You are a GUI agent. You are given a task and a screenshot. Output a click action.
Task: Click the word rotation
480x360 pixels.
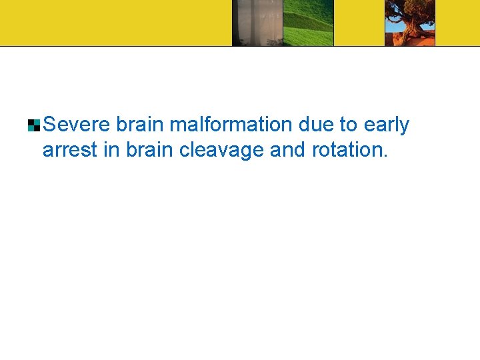[x=347, y=150]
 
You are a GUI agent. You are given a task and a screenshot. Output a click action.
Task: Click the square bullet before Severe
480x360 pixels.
[x=34, y=125]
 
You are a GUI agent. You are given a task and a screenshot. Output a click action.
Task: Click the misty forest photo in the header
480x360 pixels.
[x=257, y=23]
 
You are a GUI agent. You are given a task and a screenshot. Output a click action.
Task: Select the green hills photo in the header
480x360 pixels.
[x=308, y=23]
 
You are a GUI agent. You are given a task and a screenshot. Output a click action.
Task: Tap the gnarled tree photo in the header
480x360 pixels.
[x=410, y=23]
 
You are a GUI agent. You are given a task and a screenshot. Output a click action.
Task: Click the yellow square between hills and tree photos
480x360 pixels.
[x=359, y=23]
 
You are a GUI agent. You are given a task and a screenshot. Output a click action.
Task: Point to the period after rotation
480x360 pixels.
[x=385, y=155]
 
